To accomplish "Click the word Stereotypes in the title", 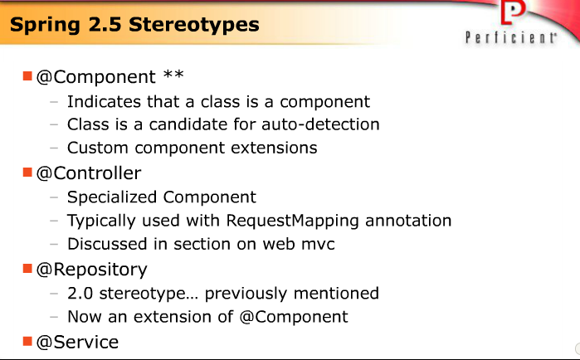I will coord(196,24).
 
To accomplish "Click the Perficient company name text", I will coord(509,37).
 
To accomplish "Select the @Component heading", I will coord(95,77).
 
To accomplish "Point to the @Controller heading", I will coord(88,173).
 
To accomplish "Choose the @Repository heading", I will coord(91,270).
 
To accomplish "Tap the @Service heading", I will coord(77,342).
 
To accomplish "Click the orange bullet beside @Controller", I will coord(27,173).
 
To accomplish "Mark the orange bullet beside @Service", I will coord(27,341).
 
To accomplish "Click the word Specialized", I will coord(113,197).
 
